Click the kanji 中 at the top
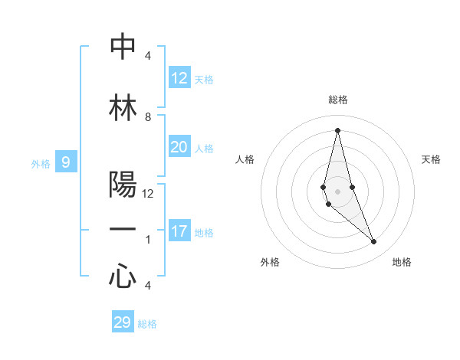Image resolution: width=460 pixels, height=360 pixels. [x=123, y=47]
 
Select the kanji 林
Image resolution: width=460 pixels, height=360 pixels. [x=123, y=108]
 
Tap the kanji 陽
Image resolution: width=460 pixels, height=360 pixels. [x=123, y=185]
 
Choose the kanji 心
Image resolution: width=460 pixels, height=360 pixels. [x=123, y=276]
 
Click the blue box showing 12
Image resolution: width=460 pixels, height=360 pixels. [x=179, y=78]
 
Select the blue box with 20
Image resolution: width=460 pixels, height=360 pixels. [x=179, y=147]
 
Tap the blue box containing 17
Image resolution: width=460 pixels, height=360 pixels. [x=179, y=231]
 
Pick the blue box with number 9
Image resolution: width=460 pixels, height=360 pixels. [x=66, y=162]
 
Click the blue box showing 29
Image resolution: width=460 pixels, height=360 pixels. [x=123, y=322]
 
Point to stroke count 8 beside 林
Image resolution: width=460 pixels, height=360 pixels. [x=148, y=117]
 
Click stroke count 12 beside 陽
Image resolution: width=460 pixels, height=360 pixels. [x=148, y=194]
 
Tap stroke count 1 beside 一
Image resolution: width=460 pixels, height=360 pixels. [x=148, y=240]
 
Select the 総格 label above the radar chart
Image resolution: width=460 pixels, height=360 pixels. [x=337, y=100]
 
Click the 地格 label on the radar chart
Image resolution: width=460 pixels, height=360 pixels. [x=402, y=262]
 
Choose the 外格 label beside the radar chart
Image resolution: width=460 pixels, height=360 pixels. [x=270, y=262]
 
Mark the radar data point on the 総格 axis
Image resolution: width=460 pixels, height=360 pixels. [x=337, y=129]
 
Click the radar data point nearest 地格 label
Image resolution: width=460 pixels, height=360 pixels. [x=374, y=241]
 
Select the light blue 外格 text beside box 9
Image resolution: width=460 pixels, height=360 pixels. [x=41, y=163]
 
